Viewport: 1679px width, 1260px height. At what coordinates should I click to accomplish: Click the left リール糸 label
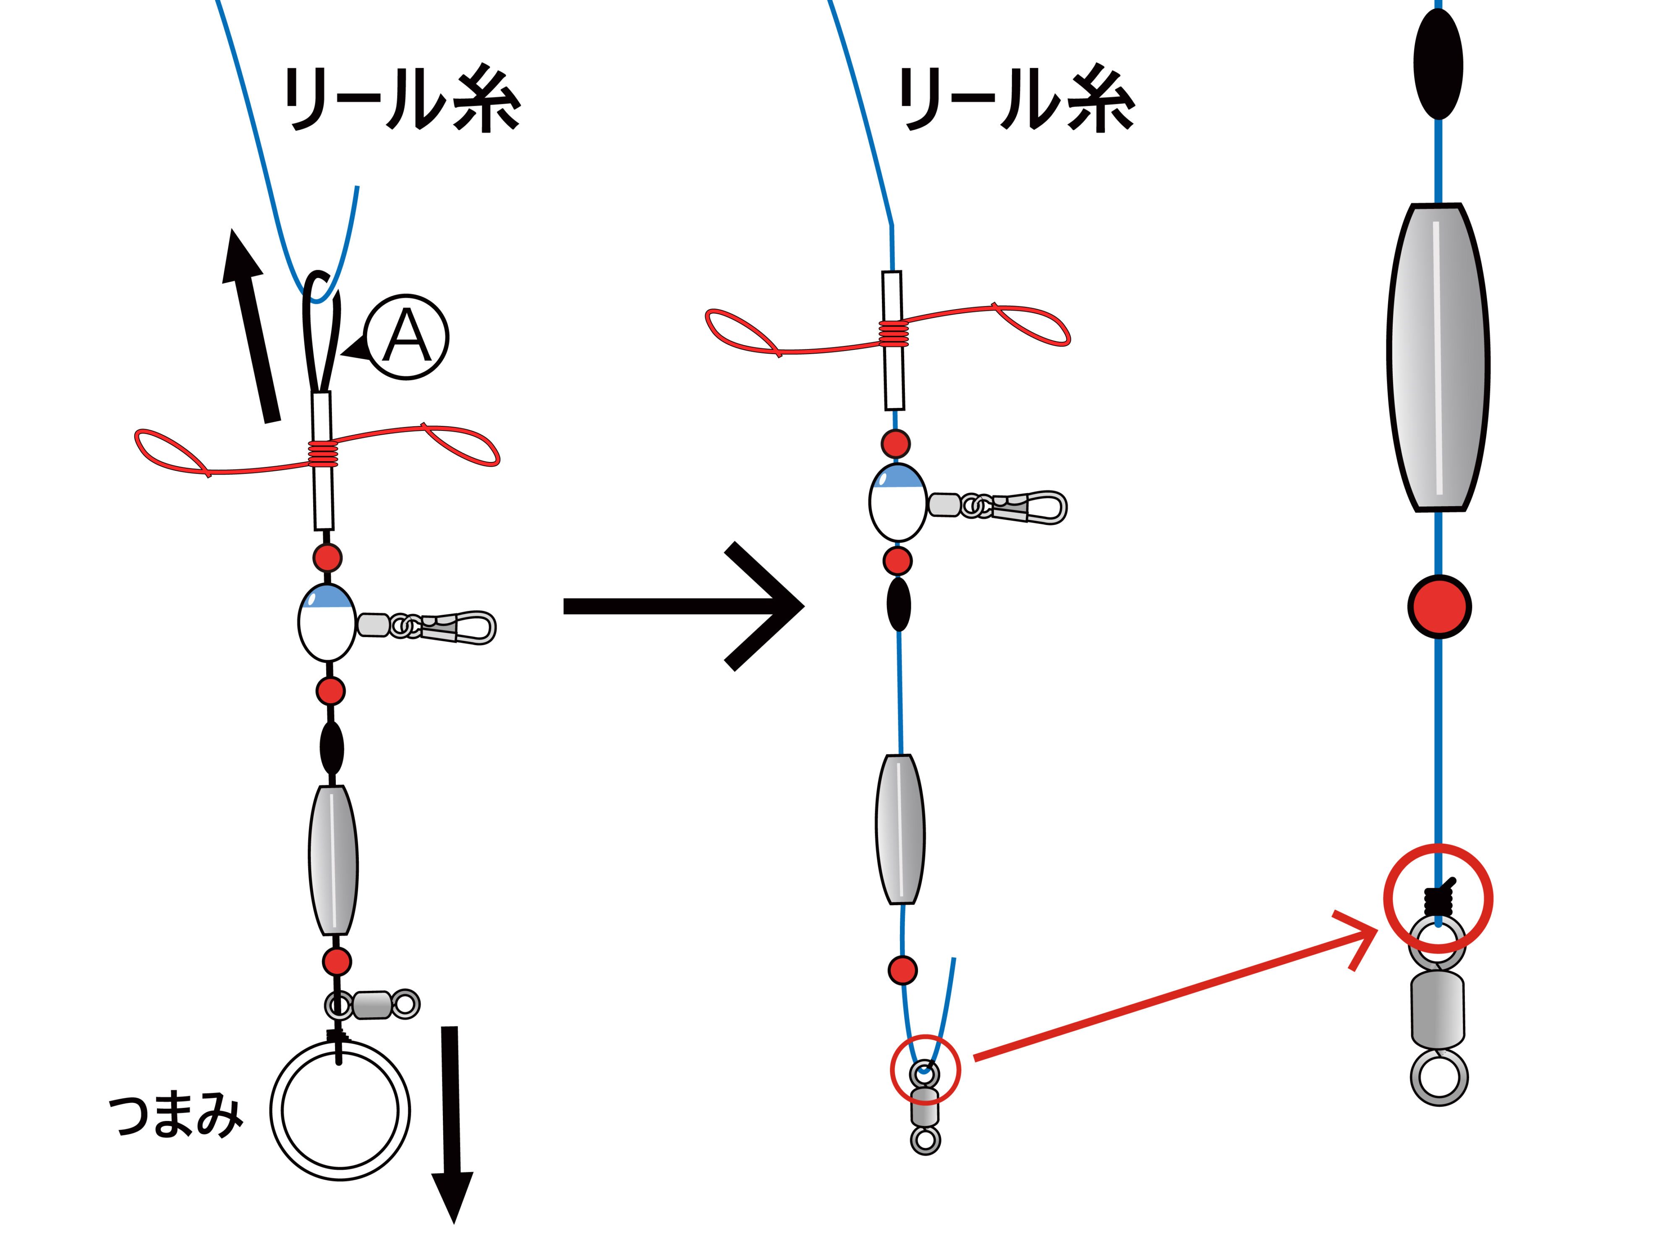(402, 100)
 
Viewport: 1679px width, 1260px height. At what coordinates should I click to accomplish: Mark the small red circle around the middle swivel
(925, 1069)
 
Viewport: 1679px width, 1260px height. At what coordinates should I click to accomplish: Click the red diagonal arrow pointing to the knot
(1169, 995)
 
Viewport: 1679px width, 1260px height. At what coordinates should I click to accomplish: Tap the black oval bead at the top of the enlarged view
(1438, 64)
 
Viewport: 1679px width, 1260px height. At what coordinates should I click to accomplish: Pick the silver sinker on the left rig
(333, 860)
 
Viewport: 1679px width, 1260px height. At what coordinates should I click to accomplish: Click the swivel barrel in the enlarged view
(1438, 1010)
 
